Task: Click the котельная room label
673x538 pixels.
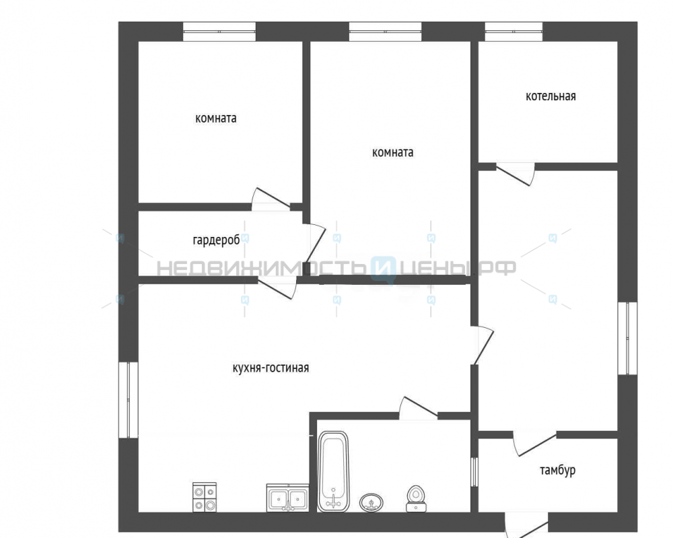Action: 551,96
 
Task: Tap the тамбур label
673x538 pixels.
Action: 557,470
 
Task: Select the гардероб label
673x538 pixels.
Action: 216,240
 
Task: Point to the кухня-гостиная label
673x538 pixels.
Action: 271,368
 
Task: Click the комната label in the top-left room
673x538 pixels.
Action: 216,118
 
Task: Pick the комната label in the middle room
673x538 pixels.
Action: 393,152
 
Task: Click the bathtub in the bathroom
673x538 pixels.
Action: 333,471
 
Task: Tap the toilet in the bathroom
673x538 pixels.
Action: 416,499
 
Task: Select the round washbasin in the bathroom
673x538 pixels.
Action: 371,502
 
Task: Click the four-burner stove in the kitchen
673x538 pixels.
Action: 205,497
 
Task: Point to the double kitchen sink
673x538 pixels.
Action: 287,498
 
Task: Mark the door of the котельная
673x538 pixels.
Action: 515,174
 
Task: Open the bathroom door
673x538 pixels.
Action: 419,408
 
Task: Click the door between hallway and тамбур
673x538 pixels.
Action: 535,443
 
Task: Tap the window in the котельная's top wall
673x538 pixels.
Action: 513,32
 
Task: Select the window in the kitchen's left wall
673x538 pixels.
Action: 129,400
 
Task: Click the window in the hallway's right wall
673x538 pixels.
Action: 627,338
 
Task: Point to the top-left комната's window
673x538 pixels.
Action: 219,32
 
